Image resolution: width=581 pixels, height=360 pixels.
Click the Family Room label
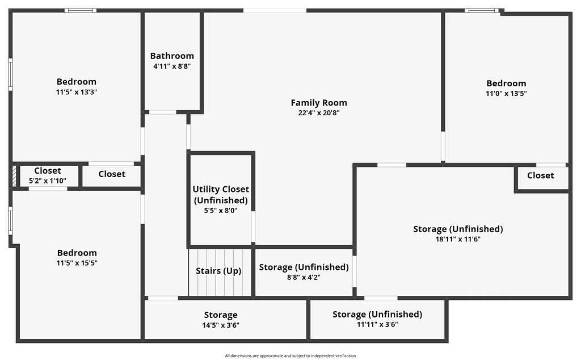[x=319, y=103]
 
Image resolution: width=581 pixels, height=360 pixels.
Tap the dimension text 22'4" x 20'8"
[x=319, y=112]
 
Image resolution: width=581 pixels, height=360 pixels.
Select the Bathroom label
[x=172, y=56]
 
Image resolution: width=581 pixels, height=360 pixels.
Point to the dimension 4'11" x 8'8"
[x=172, y=66]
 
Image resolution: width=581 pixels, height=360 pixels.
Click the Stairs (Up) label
[x=218, y=271]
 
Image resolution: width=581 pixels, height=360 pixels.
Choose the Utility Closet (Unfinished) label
[x=221, y=195]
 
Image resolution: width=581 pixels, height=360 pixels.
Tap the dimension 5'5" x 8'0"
[x=221, y=210]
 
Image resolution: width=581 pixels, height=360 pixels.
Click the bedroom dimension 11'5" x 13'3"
[x=77, y=91]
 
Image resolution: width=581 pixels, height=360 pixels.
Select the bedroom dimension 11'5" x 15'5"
[x=77, y=263]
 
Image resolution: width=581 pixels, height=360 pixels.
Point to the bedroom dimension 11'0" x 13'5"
[x=506, y=93]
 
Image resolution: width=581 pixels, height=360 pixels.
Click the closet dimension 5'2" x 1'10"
[x=48, y=181]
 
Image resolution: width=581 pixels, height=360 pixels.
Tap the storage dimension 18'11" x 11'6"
[x=458, y=239]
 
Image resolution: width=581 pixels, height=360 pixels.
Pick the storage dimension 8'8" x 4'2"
[x=304, y=277]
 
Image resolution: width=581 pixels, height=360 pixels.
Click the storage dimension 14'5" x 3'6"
[x=221, y=325]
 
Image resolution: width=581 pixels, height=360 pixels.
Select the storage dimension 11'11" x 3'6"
[x=377, y=324]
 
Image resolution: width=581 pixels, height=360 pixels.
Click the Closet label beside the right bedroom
[x=540, y=175]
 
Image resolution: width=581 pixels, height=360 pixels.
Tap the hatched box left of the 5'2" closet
[x=14, y=176]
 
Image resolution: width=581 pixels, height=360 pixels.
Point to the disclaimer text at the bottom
[x=290, y=355]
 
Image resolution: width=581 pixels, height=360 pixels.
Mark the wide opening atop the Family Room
[x=275, y=10]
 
